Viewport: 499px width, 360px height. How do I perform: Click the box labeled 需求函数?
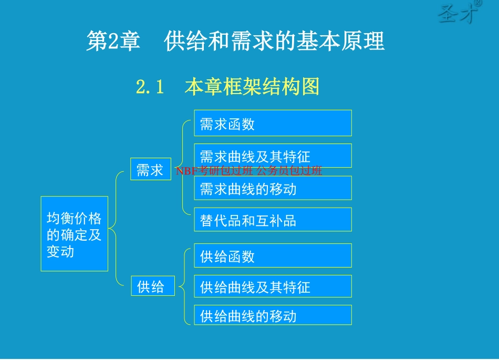pos(273,124)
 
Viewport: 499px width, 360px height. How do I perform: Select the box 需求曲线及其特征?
pos(273,156)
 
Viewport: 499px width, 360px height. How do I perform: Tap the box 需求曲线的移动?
pos(273,188)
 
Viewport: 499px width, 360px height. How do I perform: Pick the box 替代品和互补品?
pos(273,220)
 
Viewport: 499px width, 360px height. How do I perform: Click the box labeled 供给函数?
pos(273,256)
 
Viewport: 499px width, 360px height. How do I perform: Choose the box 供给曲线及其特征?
pos(273,286)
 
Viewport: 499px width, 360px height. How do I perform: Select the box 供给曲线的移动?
pos(273,315)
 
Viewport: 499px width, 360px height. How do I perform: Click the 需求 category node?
pos(151,170)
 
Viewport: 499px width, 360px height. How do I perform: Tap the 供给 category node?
pos(152,286)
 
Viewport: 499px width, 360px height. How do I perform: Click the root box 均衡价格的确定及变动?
pos(74,234)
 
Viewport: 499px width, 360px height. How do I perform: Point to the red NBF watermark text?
pos(249,171)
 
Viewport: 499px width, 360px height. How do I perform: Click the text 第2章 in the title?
pos(113,41)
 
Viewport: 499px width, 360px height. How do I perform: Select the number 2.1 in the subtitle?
pos(151,87)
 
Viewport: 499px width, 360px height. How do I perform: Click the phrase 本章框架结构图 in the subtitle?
pos(252,87)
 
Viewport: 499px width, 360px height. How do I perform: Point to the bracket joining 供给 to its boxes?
pos(182,286)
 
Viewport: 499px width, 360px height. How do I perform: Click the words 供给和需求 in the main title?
pos(217,41)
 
